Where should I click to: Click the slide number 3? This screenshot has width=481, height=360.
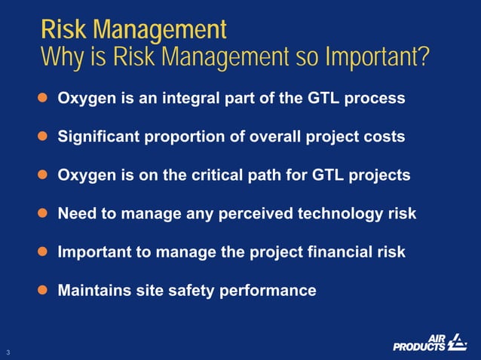point(8,352)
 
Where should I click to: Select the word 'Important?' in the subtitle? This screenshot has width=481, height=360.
point(376,56)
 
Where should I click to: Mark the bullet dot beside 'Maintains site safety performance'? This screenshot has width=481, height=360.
point(44,290)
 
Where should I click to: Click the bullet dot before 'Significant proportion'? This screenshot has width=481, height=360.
point(44,136)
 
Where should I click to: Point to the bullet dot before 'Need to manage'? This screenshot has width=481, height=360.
point(44,213)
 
